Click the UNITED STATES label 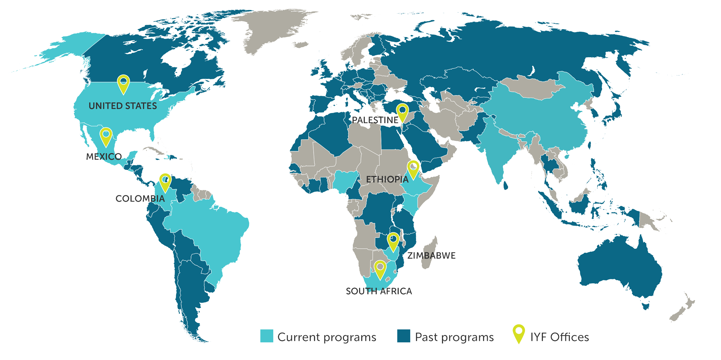123,106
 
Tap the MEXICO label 104,157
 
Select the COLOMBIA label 140,198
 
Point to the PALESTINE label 375,120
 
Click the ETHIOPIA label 387,179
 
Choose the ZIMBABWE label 432,256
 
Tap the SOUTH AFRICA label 379,291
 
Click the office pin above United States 123,84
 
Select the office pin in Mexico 106,136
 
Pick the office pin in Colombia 165,182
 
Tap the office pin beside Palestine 402,112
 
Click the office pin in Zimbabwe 393,242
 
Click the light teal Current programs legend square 267,336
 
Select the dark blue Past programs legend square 403,336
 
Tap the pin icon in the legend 519,333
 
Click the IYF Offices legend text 559,337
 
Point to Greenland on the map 274,29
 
